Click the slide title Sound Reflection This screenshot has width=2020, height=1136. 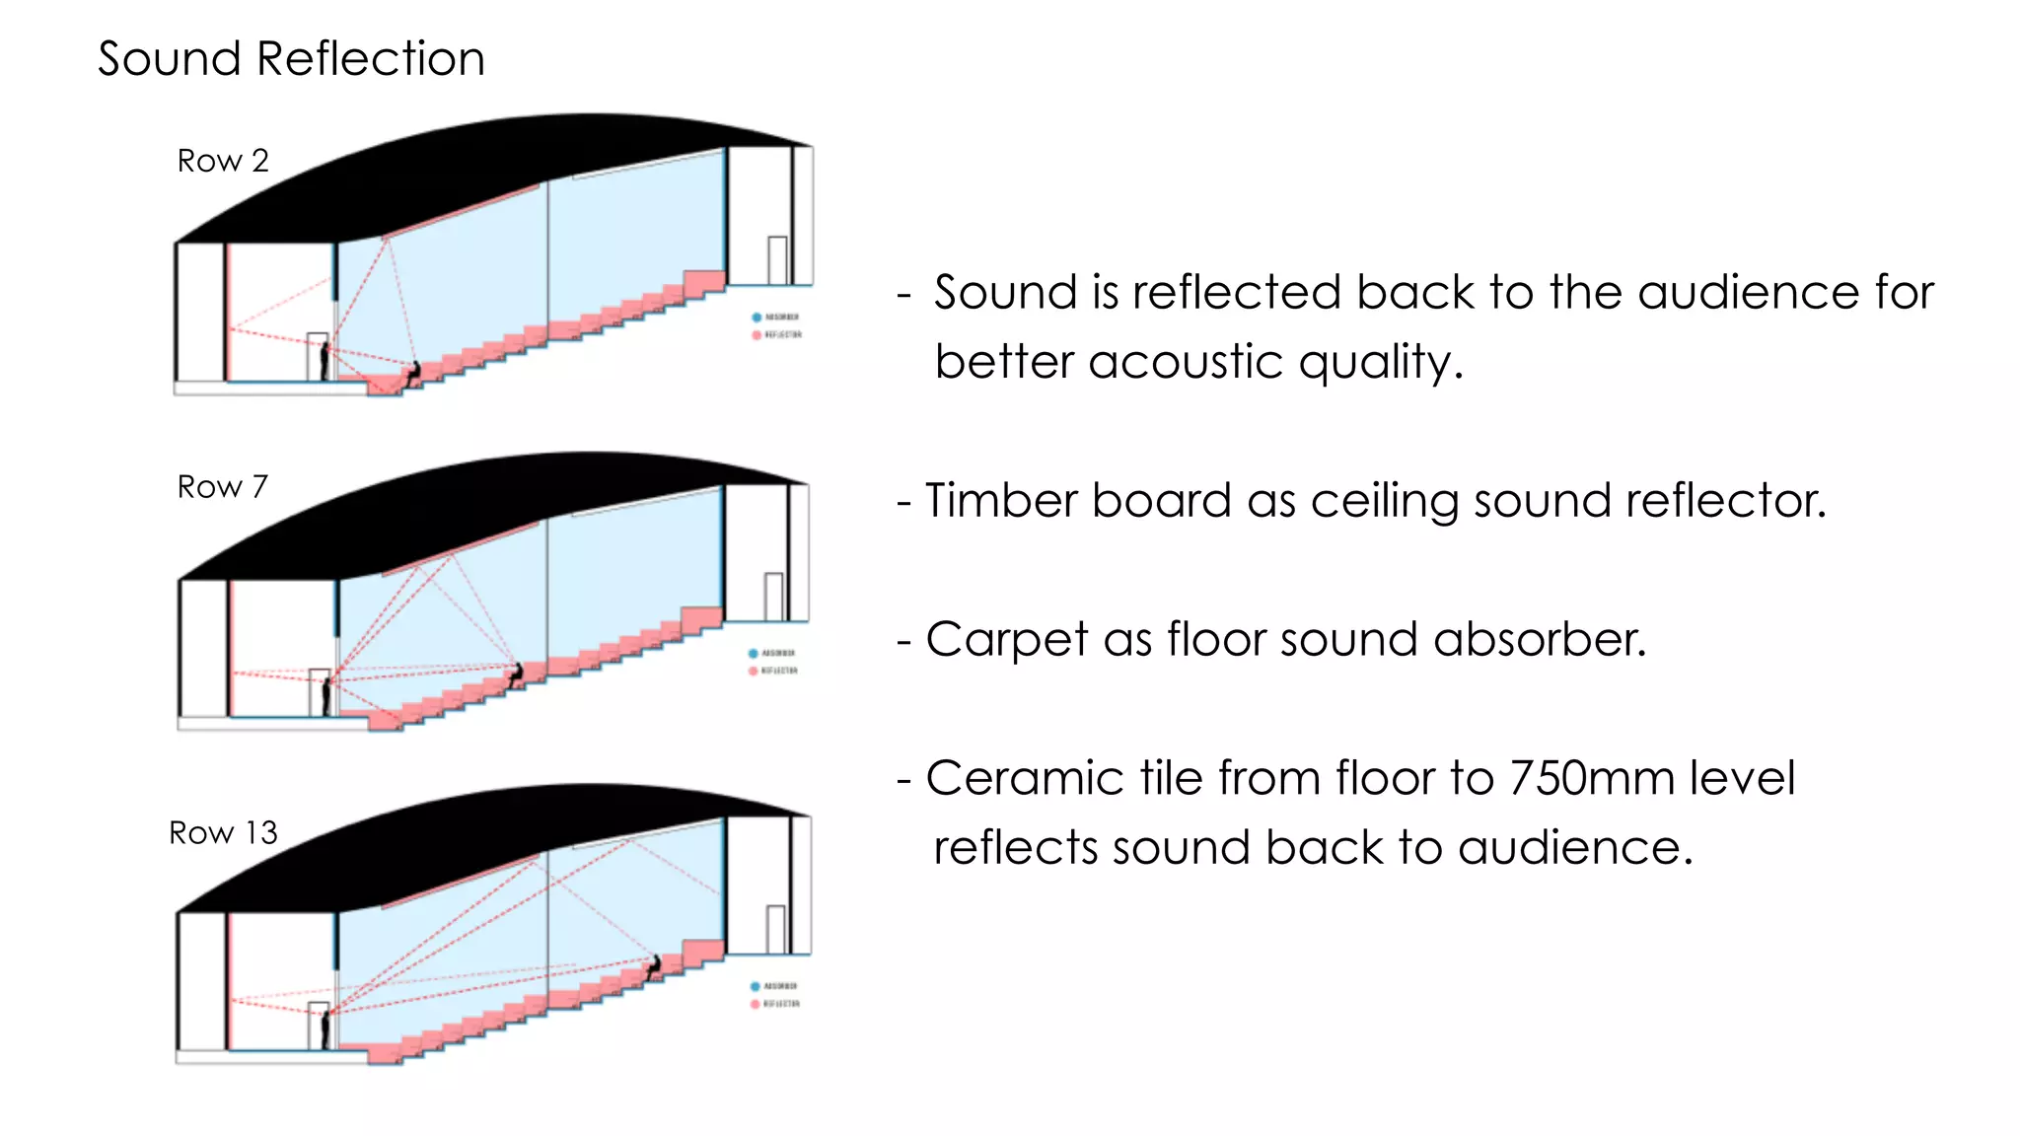tap(291, 59)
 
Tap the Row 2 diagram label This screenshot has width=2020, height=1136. tap(223, 161)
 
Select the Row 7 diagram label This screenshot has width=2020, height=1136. tap(222, 487)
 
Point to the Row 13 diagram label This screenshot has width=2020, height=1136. tap(223, 833)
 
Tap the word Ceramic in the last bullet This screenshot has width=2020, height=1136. tap(1025, 778)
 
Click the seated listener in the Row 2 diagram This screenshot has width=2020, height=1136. tap(413, 373)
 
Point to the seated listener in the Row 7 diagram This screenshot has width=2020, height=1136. tap(515, 675)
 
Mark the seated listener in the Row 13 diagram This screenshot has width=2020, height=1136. tap(653, 965)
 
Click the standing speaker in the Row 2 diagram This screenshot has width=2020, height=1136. tap(324, 361)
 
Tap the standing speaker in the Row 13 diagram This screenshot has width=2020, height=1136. tap(325, 1029)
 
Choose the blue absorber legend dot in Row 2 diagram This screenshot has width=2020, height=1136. tap(757, 318)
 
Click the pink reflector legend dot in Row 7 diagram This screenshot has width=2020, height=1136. tap(753, 672)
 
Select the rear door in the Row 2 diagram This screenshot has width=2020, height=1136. tap(777, 260)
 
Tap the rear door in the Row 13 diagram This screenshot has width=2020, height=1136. tap(775, 929)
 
